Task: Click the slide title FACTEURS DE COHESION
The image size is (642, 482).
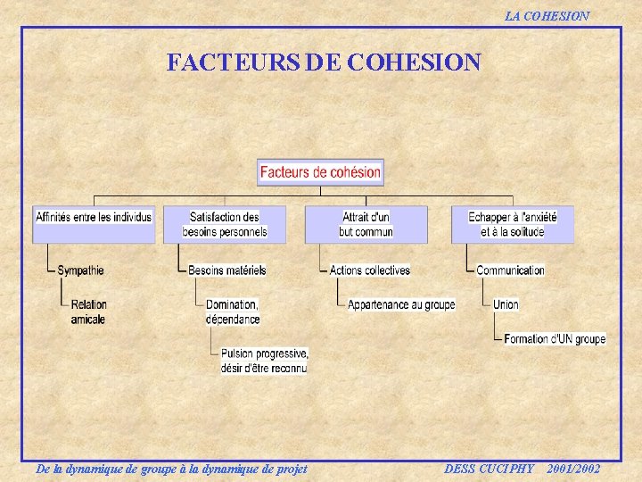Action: (x=324, y=62)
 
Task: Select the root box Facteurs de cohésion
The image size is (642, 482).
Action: (x=320, y=172)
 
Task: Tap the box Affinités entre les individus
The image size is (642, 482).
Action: (x=94, y=224)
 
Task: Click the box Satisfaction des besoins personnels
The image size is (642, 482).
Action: (x=225, y=224)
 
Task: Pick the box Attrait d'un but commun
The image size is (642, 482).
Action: (x=366, y=224)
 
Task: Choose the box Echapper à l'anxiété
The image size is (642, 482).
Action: (x=512, y=224)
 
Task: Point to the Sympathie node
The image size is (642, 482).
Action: (x=80, y=270)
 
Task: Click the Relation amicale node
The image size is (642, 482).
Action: (x=88, y=312)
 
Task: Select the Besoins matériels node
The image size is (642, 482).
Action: (x=226, y=270)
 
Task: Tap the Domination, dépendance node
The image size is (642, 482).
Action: (x=233, y=312)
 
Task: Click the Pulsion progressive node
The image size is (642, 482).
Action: (x=264, y=360)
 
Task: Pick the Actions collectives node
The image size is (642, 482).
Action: (x=369, y=270)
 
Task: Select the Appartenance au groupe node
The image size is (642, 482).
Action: (x=400, y=305)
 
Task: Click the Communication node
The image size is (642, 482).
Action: (x=510, y=270)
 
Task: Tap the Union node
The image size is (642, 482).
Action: (x=506, y=305)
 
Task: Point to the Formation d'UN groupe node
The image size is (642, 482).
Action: (x=554, y=339)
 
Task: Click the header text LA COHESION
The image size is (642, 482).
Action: (x=547, y=16)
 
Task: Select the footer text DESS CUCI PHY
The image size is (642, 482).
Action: (x=489, y=469)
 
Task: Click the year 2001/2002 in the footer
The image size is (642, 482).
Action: (x=573, y=469)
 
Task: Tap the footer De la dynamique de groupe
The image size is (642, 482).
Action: (x=170, y=469)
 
